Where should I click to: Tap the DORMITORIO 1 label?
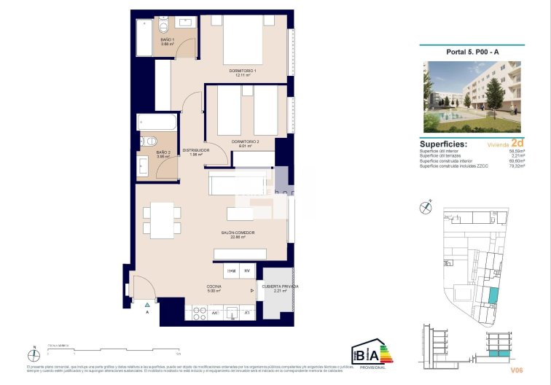tap(243, 71)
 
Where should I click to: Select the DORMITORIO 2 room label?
tap(245, 141)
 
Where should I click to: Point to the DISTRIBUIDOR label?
tap(196, 150)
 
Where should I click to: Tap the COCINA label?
tap(214, 287)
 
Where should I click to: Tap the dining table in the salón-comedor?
tap(162, 219)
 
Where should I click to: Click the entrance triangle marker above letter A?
tap(146, 303)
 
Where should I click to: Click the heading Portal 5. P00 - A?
tap(472, 51)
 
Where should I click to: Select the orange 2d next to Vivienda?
tap(517, 144)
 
